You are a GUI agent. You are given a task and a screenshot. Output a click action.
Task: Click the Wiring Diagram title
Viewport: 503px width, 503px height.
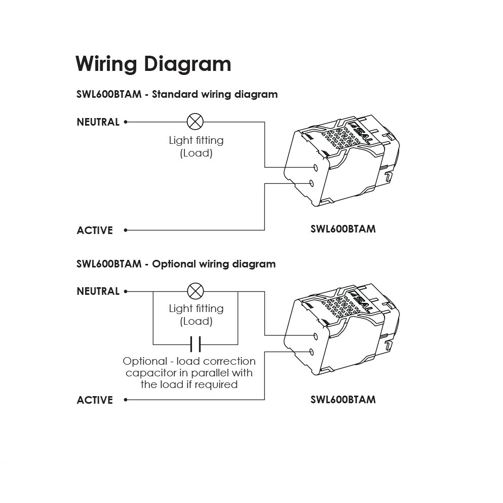(x=153, y=64)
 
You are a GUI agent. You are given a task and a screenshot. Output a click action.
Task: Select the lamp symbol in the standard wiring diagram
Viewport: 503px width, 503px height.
(x=195, y=122)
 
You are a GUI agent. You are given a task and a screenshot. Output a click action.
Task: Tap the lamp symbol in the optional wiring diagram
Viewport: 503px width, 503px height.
(x=196, y=291)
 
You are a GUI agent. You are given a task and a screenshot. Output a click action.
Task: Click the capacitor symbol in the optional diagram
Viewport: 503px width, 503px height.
(x=196, y=344)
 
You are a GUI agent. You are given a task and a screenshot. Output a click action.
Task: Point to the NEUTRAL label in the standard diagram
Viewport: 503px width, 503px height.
(x=98, y=122)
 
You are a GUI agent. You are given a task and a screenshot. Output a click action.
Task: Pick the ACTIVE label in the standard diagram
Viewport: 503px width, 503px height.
(x=95, y=230)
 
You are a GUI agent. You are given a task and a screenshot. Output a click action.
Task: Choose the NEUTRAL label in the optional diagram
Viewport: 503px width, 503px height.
(x=98, y=291)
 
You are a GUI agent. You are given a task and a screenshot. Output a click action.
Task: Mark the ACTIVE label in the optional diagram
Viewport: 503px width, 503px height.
(x=95, y=400)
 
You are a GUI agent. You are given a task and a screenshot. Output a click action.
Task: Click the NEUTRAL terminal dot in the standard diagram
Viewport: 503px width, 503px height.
(x=126, y=122)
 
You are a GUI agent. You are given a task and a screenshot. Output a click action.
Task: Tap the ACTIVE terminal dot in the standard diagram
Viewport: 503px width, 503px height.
(x=126, y=230)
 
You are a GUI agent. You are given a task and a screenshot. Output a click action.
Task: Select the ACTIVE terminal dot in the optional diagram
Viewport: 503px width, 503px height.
(x=126, y=400)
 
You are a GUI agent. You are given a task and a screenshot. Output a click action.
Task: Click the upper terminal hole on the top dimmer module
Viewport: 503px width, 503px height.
(x=316, y=168)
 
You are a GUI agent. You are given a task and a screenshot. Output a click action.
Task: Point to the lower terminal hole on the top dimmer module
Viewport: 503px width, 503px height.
(x=311, y=183)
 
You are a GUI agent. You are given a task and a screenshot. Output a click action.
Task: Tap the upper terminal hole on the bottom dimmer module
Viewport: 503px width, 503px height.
(x=316, y=336)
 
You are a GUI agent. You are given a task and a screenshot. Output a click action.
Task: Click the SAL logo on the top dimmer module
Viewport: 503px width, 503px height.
(x=361, y=133)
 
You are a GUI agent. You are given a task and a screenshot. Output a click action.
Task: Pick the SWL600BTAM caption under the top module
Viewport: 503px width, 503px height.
(x=343, y=229)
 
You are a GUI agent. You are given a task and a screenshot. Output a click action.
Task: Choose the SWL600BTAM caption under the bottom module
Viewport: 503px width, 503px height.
(x=343, y=399)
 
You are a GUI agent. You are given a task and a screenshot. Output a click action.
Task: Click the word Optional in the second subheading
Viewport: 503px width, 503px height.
(x=174, y=264)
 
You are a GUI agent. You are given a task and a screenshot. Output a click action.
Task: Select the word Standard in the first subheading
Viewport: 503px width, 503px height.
(x=175, y=94)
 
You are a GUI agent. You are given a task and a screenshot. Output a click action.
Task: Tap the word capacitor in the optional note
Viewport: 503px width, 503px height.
(x=157, y=373)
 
